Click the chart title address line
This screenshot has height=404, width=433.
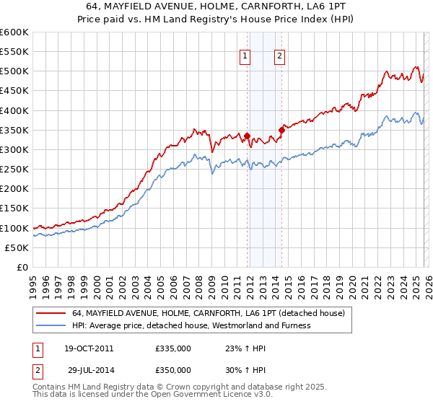pyautogui.click(x=216, y=6)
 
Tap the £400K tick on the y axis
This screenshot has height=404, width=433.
pyautogui.click(x=14, y=110)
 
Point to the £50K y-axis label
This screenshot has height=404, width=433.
pyautogui.click(x=17, y=247)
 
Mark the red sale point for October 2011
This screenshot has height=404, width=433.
pyautogui.click(x=247, y=136)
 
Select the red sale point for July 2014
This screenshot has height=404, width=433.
pyautogui.click(x=281, y=130)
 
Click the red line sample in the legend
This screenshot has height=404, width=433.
pyautogui.click(x=51, y=314)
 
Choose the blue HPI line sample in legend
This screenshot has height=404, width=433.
pyautogui.click(x=51, y=325)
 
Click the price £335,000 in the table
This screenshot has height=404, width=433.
pyautogui.click(x=173, y=348)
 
